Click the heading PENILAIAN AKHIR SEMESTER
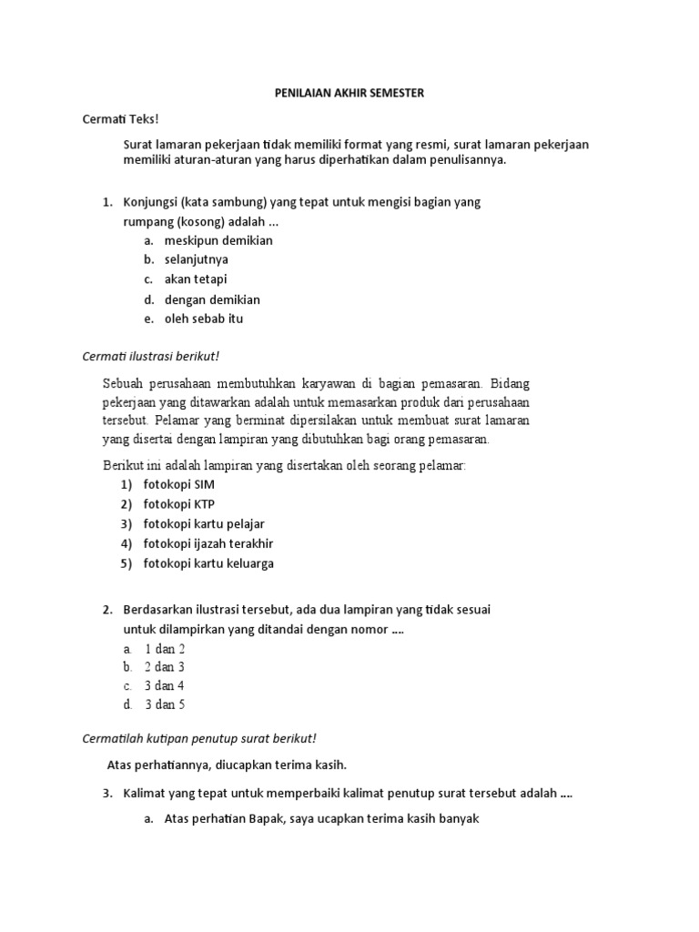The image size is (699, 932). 349,93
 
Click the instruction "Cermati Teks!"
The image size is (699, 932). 121,119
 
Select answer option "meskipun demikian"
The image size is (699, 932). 218,240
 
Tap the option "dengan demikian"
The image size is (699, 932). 212,299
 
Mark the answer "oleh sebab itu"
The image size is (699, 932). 204,319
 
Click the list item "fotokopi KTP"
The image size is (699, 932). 179,504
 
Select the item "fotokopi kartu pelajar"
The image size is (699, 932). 204,524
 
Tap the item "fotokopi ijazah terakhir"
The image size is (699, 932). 208,543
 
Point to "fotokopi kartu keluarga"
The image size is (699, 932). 208,563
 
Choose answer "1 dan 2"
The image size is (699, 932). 165,649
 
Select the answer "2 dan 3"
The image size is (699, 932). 165,667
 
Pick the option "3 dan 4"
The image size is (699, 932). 165,685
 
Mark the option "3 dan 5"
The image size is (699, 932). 165,704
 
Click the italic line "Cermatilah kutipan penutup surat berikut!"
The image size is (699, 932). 198,737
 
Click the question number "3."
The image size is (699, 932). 106,793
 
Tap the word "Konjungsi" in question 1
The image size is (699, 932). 151,202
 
